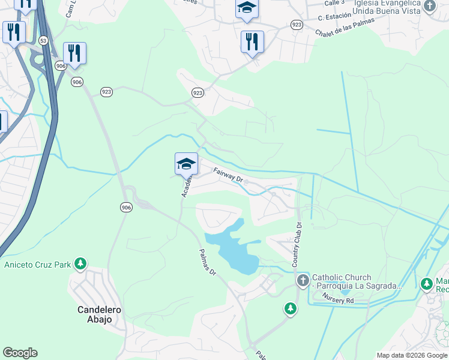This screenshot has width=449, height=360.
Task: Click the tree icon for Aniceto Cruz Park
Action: click(x=80, y=264)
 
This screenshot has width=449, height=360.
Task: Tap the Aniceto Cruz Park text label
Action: click(x=37, y=264)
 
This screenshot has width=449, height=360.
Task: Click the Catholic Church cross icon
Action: click(x=303, y=280)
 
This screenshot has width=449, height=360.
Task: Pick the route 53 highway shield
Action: click(x=43, y=40)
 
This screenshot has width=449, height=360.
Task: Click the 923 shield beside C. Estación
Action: click(x=296, y=24)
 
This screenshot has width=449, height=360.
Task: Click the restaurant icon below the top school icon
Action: click(x=252, y=42)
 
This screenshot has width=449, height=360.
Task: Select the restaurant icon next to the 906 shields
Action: click(x=74, y=53)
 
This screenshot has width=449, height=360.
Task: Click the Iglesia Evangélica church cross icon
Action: click(x=429, y=6)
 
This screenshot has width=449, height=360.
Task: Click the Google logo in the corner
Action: click(x=20, y=353)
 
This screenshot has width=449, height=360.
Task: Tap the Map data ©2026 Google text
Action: click(x=412, y=355)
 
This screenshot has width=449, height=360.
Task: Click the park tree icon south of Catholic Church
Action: click(x=290, y=308)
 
